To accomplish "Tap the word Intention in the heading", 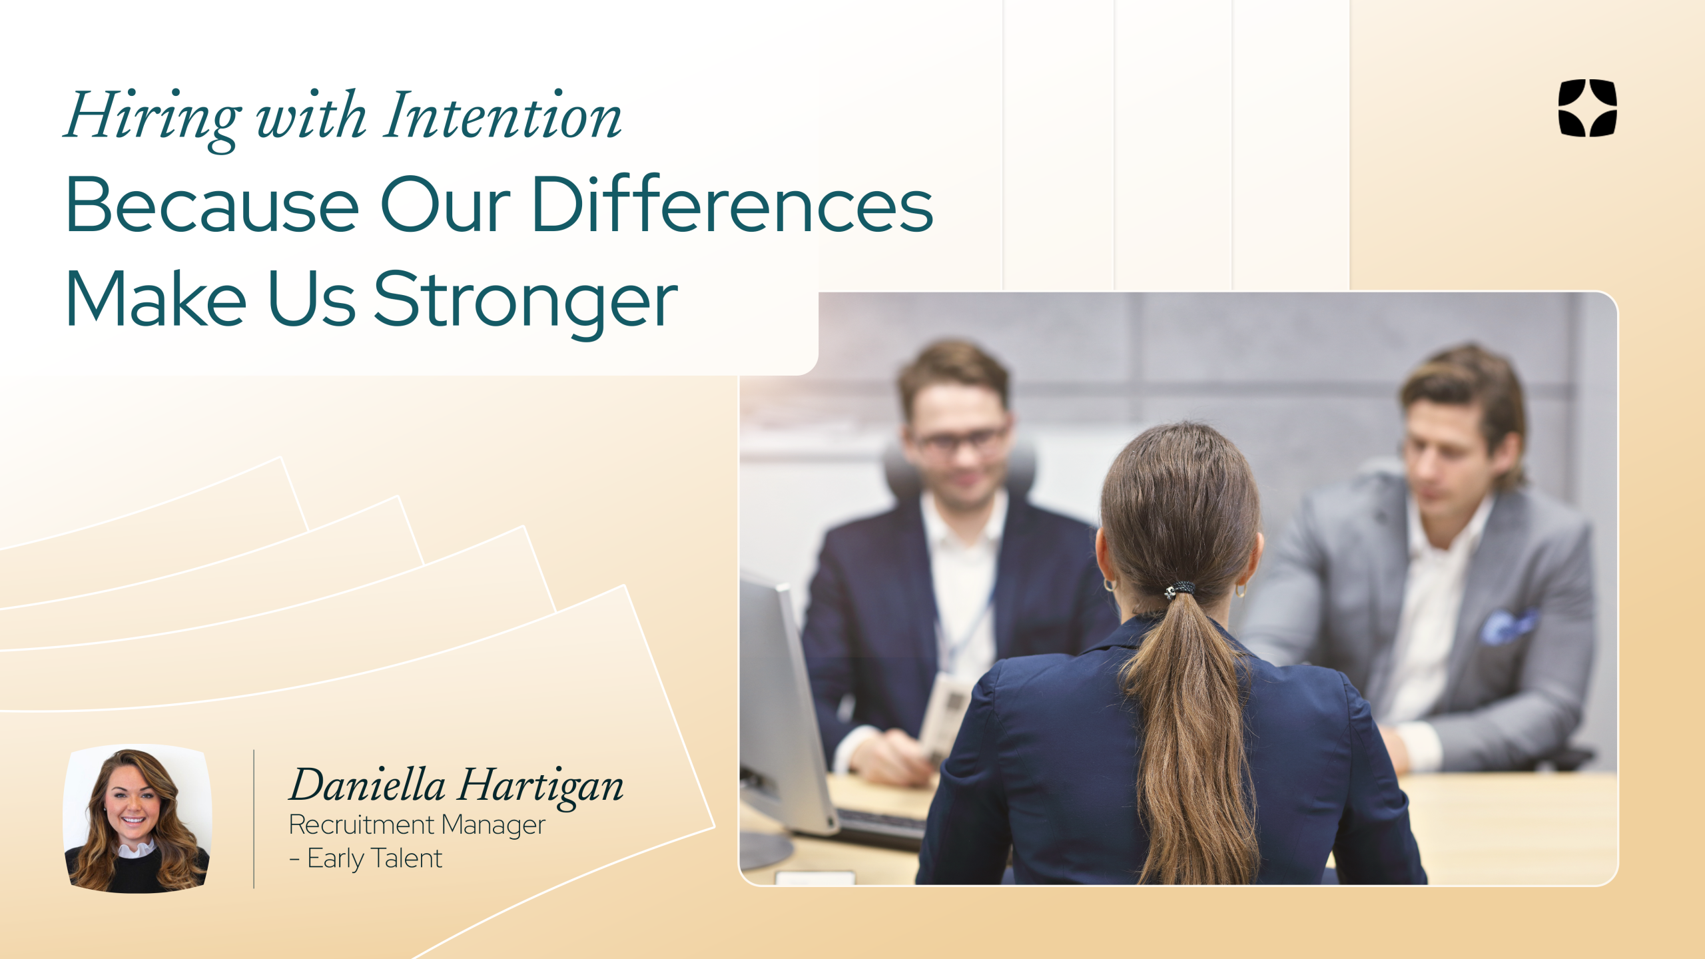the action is [503, 115].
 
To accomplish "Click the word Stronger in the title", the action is [525, 301].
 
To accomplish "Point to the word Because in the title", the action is [212, 204].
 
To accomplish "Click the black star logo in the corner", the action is [1588, 108].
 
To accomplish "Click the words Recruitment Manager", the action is [417, 824].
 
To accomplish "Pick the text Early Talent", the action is [375, 859].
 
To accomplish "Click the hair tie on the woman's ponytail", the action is [1180, 589].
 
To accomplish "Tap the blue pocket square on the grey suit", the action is [1507, 626].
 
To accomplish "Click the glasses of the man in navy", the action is [961, 438].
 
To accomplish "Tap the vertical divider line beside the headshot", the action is [254, 818].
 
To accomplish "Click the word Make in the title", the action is [157, 299].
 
